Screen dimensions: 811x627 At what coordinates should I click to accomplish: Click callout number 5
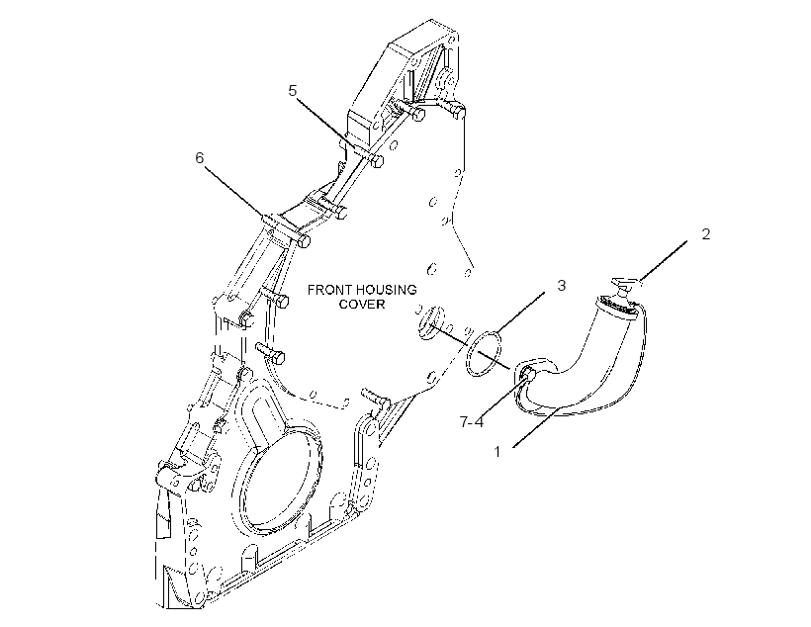[x=293, y=91]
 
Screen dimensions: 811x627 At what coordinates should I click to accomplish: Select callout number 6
[x=200, y=158]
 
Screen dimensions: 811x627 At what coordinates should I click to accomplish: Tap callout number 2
[x=706, y=233]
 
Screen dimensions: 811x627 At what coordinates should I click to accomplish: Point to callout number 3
[x=561, y=285]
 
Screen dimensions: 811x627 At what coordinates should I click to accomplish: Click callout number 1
[x=497, y=452]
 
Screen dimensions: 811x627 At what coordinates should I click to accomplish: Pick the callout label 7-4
[x=472, y=422]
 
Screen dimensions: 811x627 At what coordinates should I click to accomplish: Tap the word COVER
[x=362, y=304]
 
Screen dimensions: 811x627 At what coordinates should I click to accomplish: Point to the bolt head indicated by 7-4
[x=527, y=374]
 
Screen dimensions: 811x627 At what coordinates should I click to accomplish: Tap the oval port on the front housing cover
[x=431, y=322]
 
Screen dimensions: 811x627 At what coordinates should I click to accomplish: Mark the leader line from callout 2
[x=664, y=262]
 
